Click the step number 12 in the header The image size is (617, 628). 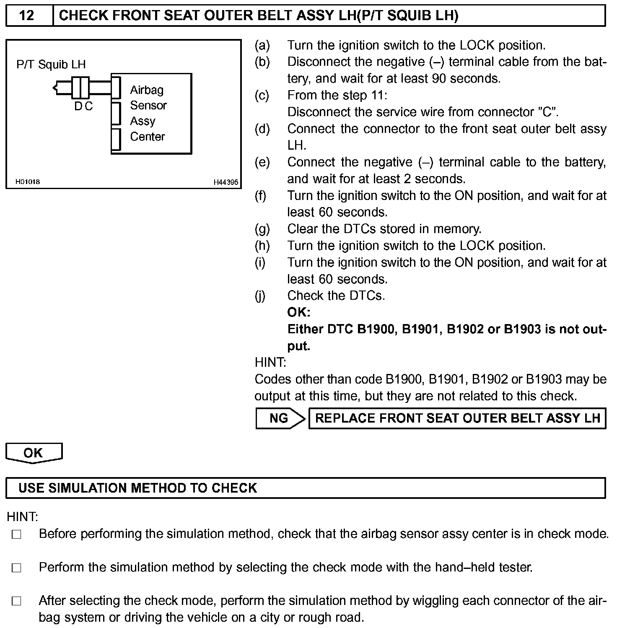(27, 16)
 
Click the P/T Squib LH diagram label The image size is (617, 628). (51, 64)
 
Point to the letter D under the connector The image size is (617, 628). (78, 106)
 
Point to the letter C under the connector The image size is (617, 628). (88, 106)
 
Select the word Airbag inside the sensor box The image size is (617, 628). (147, 90)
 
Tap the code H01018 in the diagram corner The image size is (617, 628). (28, 182)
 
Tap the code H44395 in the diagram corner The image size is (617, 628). (226, 182)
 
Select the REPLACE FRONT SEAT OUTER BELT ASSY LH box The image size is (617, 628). (457, 418)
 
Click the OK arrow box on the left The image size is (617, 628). (34, 453)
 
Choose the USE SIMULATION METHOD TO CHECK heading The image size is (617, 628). (137, 488)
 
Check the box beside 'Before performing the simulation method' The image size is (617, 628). (16, 535)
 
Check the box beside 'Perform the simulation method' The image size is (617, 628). (16, 568)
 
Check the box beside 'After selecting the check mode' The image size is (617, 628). (16, 601)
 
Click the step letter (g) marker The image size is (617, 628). (262, 229)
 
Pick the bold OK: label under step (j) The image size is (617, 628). (298, 312)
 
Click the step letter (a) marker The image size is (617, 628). (262, 45)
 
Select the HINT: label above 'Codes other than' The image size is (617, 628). (270, 362)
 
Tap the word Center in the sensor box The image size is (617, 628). (148, 137)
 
